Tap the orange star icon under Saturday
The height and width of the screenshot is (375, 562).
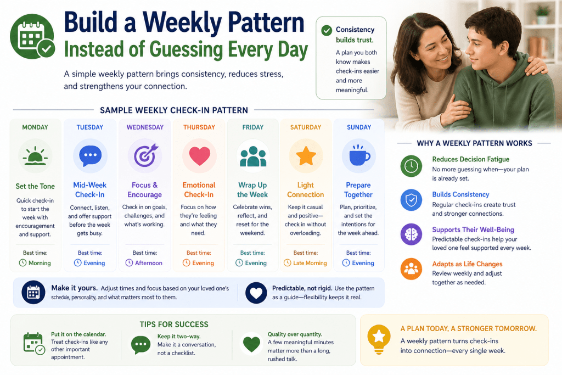click(x=306, y=156)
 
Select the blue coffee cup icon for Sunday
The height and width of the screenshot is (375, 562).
click(x=359, y=155)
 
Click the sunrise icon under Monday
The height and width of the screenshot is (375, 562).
click(x=35, y=156)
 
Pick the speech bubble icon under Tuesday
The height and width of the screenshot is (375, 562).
click(x=90, y=156)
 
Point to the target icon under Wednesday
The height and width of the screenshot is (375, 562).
click(x=145, y=155)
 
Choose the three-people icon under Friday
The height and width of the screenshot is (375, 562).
click(x=253, y=156)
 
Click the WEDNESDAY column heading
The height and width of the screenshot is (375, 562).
click(x=145, y=127)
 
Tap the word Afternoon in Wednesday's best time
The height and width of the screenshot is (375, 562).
click(x=149, y=263)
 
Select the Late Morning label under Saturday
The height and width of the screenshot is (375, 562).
click(x=310, y=263)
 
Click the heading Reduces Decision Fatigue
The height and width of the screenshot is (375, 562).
click(x=470, y=159)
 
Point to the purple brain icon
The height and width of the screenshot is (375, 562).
click(x=411, y=234)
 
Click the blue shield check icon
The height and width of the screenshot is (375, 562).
click(x=411, y=200)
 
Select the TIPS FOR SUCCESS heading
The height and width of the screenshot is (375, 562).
click(x=174, y=324)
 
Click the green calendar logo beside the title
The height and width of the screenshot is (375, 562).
click(x=32, y=36)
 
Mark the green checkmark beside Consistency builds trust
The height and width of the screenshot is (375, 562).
click(x=327, y=31)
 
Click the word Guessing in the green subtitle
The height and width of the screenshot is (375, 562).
click(x=186, y=49)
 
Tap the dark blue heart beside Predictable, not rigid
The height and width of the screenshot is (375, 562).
click(x=256, y=293)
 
